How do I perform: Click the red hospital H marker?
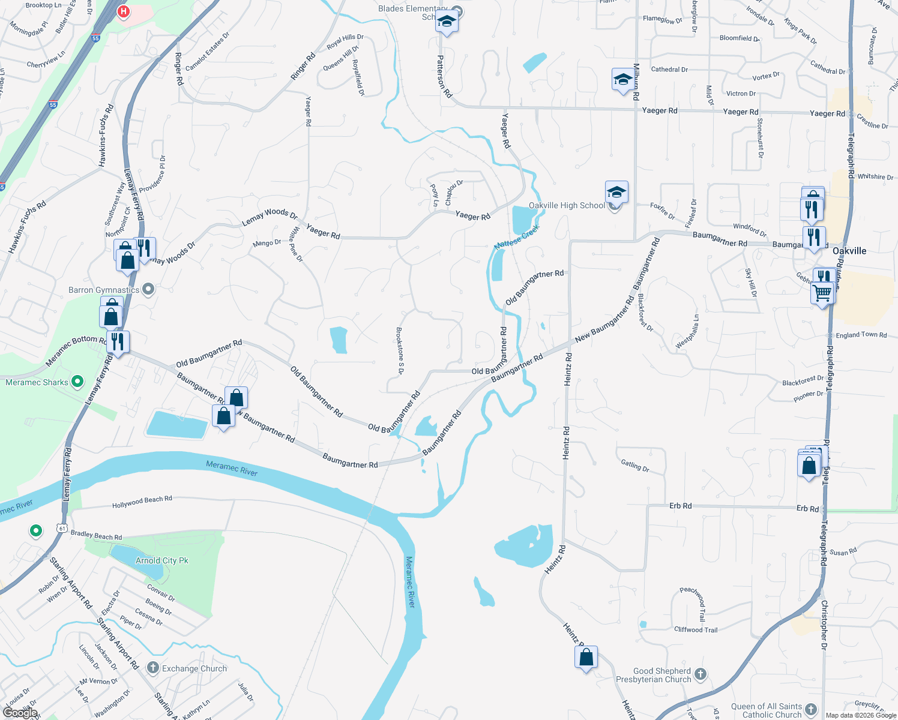pos(124,11)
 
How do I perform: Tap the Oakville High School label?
pos(567,206)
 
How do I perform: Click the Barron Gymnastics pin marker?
pos(148,290)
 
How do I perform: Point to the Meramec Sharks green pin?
pos(77,381)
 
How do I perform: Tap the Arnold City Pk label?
pos(161,561)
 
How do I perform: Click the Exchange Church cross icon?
pos(152,668)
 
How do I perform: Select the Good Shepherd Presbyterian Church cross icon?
pos(701,674)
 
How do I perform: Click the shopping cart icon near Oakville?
pos(822,294)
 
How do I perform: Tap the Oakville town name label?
pos(849,251)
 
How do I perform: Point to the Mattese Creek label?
pos(517,238)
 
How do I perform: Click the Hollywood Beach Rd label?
pos(142,502)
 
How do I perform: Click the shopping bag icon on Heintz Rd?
pos(586,657)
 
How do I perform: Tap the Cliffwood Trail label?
pos(696,630)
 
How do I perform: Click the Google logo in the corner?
pos(20,712)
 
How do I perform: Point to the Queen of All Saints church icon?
pos(811,710)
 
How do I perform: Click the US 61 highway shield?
pos(62,528)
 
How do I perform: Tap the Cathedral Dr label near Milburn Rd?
pos(669,70)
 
